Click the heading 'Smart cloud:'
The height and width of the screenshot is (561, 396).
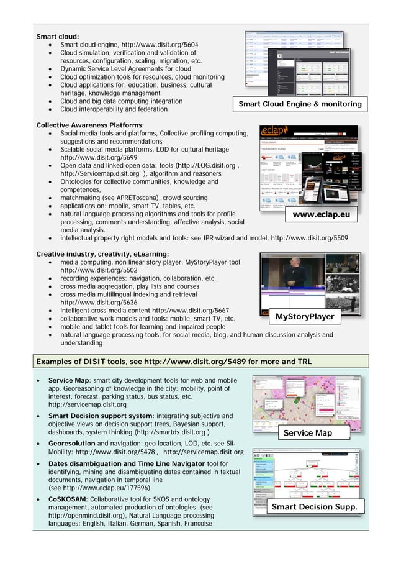[x=58, y=37]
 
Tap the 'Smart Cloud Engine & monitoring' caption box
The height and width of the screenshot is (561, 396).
[x=300, y=104]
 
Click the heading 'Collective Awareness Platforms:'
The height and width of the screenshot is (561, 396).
[x=90, y=125]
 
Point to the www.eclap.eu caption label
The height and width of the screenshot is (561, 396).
[x=321, y=216]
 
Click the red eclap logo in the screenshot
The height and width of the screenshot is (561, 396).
[x=273, y=133]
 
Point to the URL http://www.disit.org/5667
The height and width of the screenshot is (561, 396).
[x=191, y=311]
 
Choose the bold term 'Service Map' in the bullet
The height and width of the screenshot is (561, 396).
[x=70, y=380]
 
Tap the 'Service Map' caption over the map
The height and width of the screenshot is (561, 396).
[x=307, y=432]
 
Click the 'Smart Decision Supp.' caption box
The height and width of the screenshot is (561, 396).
[x=314, y=508]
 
